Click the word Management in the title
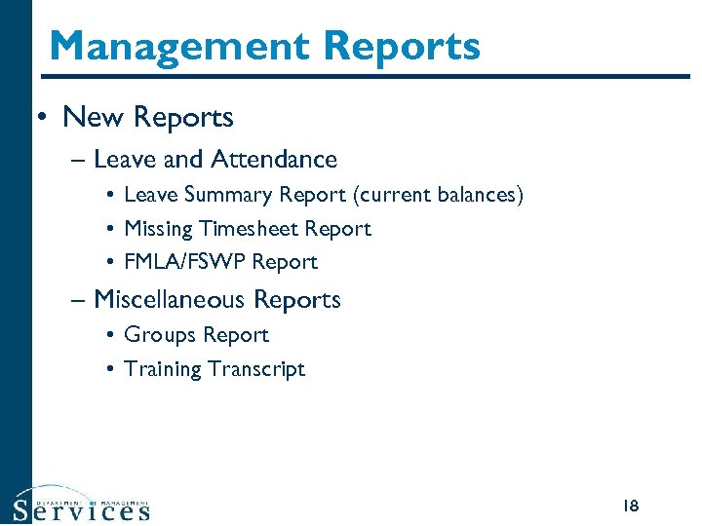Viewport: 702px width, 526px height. click(179, 46)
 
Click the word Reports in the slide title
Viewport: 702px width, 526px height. click(403, 46)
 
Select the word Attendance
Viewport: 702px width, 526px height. click(274, 159)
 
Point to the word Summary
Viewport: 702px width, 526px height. click(227, 195)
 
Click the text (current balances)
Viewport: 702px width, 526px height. click(439, 195)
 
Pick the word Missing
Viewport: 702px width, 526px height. click(159, 229)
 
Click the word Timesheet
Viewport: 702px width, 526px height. click(251, 229)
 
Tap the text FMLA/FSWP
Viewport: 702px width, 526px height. click(185, 262)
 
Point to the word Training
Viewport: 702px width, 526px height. click(162, 369)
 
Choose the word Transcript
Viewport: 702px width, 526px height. click(256, 369)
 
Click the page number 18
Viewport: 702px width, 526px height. click(630, 506)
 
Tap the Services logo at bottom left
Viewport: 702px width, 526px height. click(82, 505)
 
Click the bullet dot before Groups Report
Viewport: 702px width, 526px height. click(112, 336)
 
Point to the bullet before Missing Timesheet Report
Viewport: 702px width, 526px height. click(112, 230)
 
